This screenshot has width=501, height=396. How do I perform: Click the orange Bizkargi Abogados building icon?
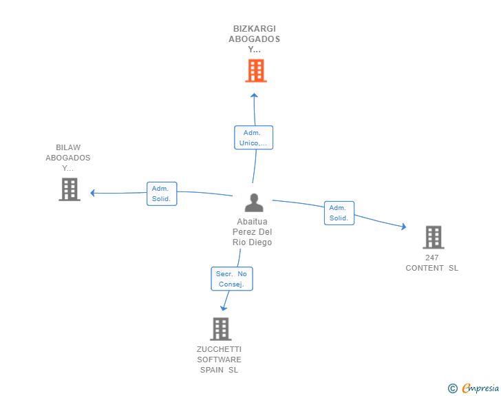pyautogui.click(x=255, y=70)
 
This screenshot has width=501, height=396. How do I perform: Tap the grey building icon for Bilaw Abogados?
pyautogui.click(x=70, y=189)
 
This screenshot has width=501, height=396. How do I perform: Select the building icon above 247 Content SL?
pyautogui.click(x=433, y=237)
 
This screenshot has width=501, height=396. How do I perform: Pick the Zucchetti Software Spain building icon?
pyautogui.click(x=220, y=329)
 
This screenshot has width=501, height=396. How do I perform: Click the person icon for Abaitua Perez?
pyautogui.click(x=254, y=202)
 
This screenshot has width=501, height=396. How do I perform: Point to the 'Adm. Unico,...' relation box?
pyautogui.click(x=253, y=138)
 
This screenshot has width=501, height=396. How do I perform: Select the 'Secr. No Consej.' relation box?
pyautogui.click(x=231, y=279)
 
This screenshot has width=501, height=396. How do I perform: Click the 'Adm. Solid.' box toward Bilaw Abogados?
pyautogui.click(x=162, y=194)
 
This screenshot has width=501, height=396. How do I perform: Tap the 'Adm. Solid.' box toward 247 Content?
pyautogui.click(x=339, y=213)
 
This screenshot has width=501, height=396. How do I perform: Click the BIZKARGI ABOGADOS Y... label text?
pyautogui.click(x=255, y=39)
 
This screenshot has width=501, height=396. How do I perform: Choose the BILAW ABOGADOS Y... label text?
pyautogui.click(x=68, y=158)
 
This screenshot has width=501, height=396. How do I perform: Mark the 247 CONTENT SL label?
pyautogui.click(x=431, y=263)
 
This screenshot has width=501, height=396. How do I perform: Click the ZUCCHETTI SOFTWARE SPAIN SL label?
pyautogui.click(x=219, y=359)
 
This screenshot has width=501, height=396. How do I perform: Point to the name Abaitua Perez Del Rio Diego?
pyautogui.click(x=253, y=232)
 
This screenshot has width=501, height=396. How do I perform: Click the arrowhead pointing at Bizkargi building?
pyautogui.click(x=254, y=95)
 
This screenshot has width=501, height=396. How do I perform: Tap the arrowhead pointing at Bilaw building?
pyautogui.click(x=93, y=193)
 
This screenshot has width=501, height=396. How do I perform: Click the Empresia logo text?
pyautogui.click(x=480, y=388)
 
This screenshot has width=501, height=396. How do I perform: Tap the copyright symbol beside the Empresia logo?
pyautogui.click(x=453, y=389)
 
